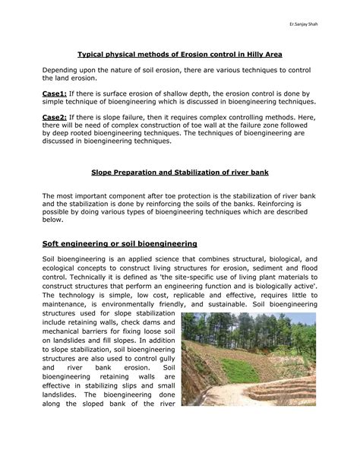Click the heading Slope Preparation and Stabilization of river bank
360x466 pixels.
coord(180,173)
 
